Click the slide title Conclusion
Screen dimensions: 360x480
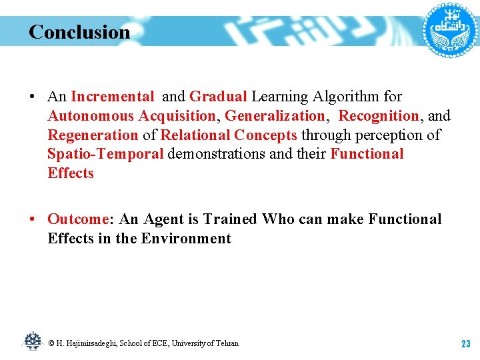79,32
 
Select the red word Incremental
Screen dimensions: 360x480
112,97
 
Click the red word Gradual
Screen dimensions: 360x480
218,97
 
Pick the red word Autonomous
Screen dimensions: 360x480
91,116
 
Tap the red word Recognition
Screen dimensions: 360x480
379,116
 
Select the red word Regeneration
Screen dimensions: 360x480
93,135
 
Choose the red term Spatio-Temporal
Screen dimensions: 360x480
105,154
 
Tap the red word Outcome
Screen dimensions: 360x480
78,219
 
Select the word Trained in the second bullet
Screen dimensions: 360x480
231,219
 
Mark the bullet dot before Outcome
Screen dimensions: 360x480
33,219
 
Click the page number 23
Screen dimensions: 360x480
465,344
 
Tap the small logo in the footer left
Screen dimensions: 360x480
32,341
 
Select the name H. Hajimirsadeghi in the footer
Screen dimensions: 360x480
87,343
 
